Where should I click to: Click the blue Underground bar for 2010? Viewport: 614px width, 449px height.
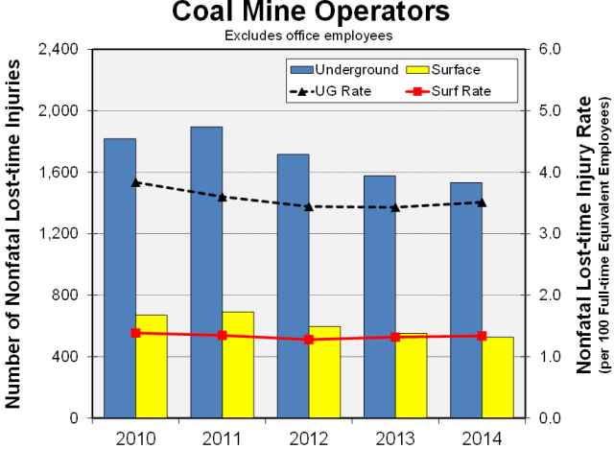[120, 278]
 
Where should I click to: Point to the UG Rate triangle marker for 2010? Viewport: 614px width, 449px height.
[135, 182]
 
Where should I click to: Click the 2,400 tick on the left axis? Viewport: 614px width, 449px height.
[60, 49]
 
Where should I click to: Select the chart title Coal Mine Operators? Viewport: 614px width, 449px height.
[310, 13]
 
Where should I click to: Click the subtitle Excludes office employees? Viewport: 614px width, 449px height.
[310, 35]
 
